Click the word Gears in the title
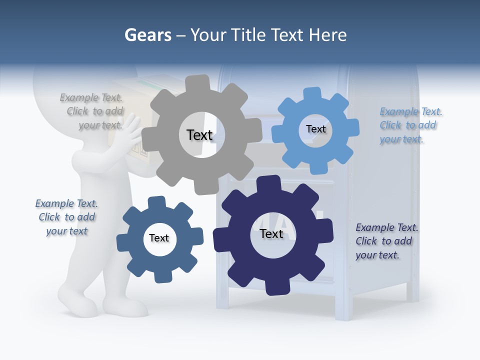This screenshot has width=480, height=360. (147, 35)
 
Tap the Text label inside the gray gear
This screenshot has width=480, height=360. (199, 135)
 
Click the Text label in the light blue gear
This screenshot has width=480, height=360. (315, 129)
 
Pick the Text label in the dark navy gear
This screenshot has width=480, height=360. (271, 234)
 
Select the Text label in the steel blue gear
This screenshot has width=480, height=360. (159, 238)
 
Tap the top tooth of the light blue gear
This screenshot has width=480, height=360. (312, 94)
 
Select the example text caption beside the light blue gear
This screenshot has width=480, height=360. (409, 125)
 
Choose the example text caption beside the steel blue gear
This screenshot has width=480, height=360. (66, 217)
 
